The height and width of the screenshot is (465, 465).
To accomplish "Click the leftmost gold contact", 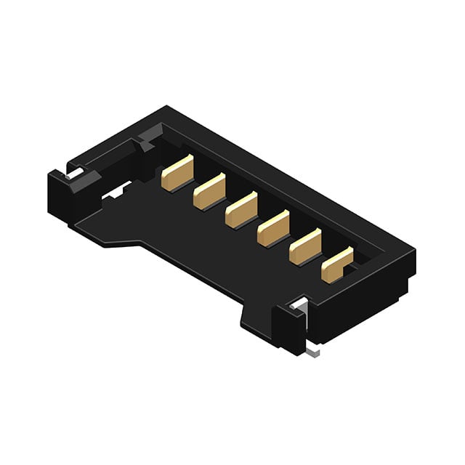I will pyautogui.click(x=177, y=174).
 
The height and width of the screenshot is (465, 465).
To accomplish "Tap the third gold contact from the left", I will pyautogui.click(x=240, y=210).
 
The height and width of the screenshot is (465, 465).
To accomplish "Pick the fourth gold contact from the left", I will pyautogui.click(x=273, y=229).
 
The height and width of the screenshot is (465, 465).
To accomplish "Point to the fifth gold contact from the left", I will pyautogui.click(x=305, y=247).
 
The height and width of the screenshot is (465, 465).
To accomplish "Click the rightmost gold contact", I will pyautogui.click(x=337, y=265).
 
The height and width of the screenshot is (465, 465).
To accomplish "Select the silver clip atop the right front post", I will pyautogui.click(x=297, y=305).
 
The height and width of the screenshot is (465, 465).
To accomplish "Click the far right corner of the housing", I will pyautogui.click(x=414, y=251).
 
